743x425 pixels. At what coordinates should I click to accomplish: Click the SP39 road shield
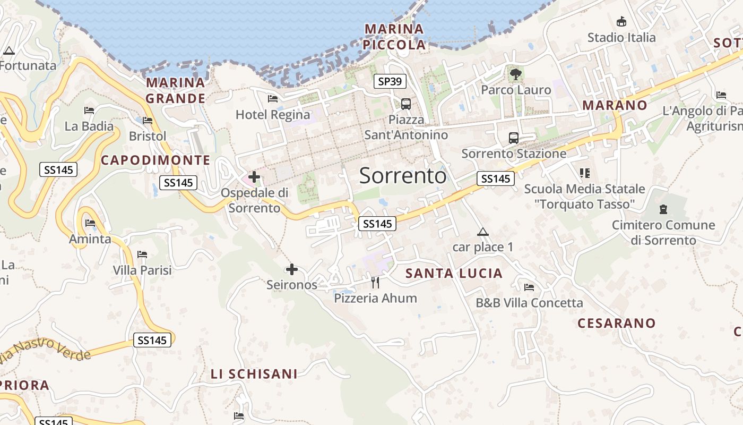pos(390,81)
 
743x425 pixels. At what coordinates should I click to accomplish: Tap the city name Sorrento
pos(403,175)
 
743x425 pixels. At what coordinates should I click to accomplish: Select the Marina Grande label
pos(176,90)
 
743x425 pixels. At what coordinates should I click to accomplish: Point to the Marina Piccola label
pos(394,37)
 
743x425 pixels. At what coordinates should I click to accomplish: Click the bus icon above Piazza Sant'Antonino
pos(406,104)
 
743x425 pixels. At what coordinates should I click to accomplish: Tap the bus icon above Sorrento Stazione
pos(514,138)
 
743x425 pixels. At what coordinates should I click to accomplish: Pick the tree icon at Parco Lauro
pos(515,74)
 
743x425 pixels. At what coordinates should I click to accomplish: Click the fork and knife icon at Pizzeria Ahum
pos(375,282)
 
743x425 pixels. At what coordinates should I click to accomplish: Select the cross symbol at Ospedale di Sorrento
pos(254,177)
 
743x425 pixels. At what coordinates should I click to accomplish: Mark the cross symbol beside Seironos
pos(291,269)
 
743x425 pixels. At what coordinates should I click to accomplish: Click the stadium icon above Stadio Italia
pos(621,22)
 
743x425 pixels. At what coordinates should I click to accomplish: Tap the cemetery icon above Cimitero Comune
pos(663,209)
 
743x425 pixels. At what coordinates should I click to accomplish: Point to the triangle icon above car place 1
pos(482,232)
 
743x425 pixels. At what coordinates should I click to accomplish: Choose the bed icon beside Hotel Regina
pos(273,99)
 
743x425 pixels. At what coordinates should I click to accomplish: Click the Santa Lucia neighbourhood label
pos(454,274)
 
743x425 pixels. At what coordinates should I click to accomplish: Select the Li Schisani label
pos(254,374)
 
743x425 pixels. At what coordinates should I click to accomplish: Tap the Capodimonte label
pos(155,160)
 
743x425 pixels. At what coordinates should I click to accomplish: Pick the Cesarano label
pos(617,323)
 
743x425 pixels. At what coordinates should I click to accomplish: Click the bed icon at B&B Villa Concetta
pos(529,287)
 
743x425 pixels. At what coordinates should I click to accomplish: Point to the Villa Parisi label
pos(142,270)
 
